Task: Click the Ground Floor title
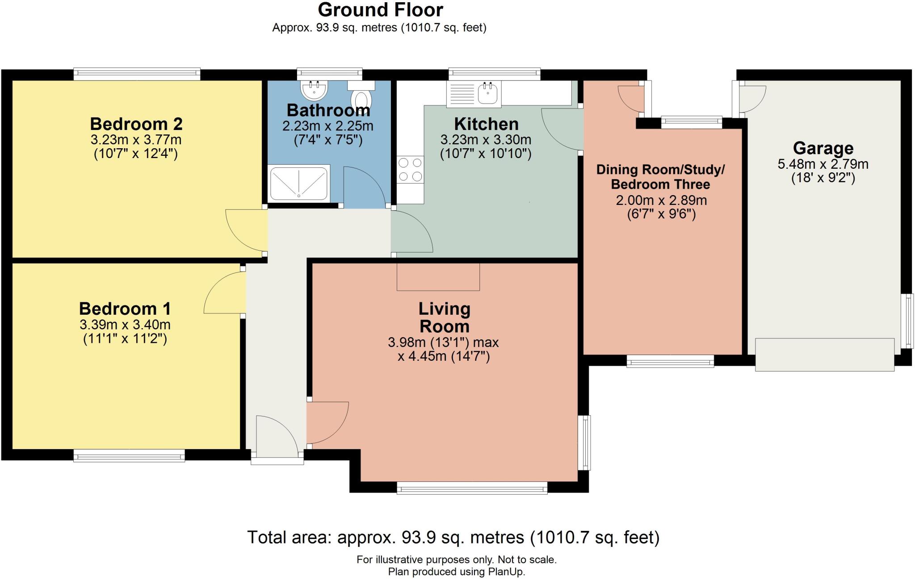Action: [380, 10]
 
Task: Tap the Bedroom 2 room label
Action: [136, 124]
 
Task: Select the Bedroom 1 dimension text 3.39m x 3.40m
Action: [125, 325]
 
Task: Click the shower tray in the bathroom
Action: [299, 182]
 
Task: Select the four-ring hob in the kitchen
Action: [410, 170]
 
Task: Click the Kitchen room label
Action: [486, 124]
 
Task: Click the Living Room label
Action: [444, 317]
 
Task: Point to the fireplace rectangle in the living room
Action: [438, 277]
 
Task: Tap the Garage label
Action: [823, 148]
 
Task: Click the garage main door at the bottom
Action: [824, 355]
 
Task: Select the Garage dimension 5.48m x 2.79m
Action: [823, 164]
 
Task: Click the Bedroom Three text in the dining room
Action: [660, 184]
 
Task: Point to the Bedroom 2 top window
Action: [137, 74]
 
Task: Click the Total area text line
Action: [453, 537]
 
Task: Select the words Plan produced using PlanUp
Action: [456, 572]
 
